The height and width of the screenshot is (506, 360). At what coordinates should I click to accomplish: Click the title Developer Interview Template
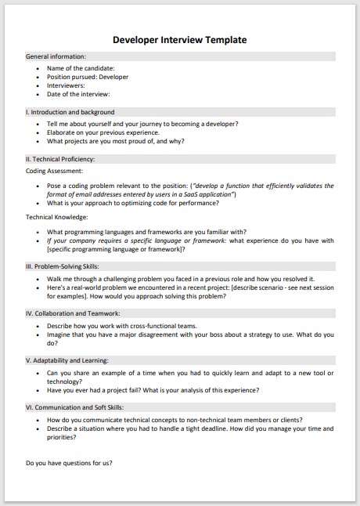pos(180,38)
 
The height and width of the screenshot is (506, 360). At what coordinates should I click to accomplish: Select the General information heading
pos(56,57)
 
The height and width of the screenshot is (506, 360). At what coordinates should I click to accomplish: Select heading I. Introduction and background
pos(70,112)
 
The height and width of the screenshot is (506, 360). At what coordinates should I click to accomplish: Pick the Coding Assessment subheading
pos(54,170)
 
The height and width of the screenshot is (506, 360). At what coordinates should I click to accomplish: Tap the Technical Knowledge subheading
pos(56,217)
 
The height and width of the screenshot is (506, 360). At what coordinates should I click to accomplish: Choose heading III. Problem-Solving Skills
pos(67,266)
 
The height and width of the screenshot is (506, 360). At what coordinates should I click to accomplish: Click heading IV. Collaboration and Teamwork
pos(72,313)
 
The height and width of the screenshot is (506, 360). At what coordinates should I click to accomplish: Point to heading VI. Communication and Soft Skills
pos(75,407)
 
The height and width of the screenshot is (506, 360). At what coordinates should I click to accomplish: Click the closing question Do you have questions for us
pos(69,463)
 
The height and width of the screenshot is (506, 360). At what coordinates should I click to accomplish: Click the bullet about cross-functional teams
pos(121,325)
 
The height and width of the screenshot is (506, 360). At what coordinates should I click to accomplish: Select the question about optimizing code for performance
pos(132,203)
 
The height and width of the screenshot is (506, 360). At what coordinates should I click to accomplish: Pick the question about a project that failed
pos(153,390)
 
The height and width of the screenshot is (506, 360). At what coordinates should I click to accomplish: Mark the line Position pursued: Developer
pos(88,77)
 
